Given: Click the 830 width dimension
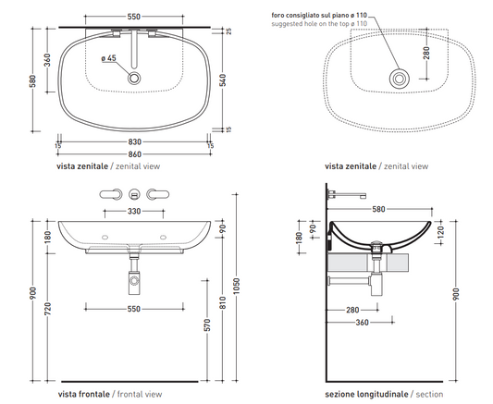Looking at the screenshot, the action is tap(134, 142).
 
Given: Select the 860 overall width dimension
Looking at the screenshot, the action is tap(134, 154).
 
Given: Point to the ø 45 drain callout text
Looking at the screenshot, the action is tap(109, 58).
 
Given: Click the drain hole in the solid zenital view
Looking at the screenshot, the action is tap(134, 79).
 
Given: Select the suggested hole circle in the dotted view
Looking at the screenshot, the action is tap(399, 79).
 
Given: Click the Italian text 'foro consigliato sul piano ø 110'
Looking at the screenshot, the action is tap(319, 15).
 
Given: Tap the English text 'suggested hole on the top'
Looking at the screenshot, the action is tap(311, 23).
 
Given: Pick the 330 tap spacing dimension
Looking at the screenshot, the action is tap(134, 211).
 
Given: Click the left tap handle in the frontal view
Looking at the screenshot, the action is tap(110, 194).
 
